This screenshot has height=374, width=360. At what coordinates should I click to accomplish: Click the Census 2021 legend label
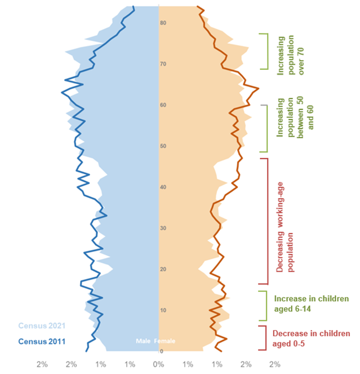click(x=41, y=326)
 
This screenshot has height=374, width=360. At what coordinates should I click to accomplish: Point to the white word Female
click(x=165, y=341)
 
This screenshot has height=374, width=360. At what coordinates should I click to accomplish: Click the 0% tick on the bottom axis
click(x=158, y=364)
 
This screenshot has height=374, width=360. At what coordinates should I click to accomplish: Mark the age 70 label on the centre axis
click(x=163, y=64)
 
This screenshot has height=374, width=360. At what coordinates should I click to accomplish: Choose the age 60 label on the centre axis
click(x=163, y=105)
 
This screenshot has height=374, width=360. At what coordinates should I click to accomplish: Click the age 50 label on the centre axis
click(x=163, y=146)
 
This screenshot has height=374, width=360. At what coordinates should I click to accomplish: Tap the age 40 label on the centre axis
click(x=163, y=187)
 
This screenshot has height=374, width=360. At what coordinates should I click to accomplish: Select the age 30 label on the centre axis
click(x=163, y=229)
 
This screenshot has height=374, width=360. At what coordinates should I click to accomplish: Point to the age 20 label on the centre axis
click(x=163, y=269)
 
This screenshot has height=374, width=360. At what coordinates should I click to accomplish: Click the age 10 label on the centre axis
click(x=163, y=310)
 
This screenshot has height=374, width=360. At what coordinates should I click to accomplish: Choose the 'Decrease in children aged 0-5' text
click(x=311, y=338)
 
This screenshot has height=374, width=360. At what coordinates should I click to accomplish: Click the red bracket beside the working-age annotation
click(x=266, y=221)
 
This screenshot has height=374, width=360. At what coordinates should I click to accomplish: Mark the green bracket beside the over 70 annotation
click(x=266, y=51)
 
